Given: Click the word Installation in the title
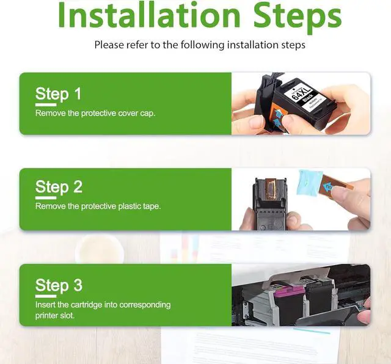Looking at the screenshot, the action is [x=149, y=15].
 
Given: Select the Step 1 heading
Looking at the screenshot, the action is [x=59, y=94].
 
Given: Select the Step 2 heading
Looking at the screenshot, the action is [x=59, y=187].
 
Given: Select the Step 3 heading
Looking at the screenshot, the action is [x=59, y=285].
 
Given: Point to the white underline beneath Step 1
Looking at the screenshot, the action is [x=46, y=105].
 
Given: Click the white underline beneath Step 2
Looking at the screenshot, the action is [x=46, y=198].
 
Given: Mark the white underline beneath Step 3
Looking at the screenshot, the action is [x=46, y=296].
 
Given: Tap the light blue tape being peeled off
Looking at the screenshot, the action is [x=310, y=183].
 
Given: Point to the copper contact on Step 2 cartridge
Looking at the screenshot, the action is [x=271, y=189].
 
